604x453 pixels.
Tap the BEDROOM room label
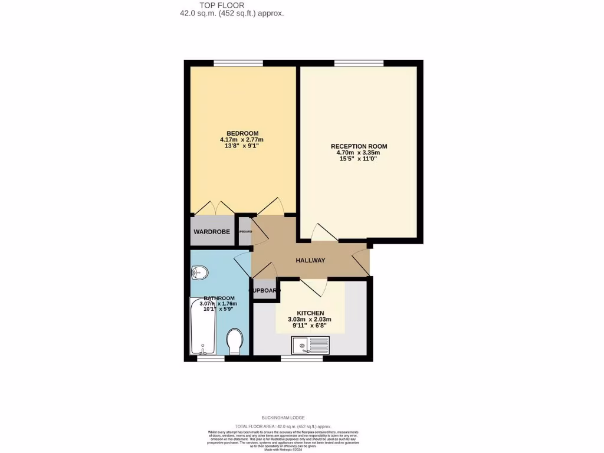pos(242,133)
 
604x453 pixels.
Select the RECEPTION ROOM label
pos(359,146)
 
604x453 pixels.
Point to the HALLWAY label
pos(310,260)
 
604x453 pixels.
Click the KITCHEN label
pos(310,313)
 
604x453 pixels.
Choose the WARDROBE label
pos(212,232)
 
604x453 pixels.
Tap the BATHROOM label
pos(219,298)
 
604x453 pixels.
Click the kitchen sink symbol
pos(310,344)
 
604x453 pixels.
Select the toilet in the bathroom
pos(235,342)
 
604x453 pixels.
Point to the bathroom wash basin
pos(199,273)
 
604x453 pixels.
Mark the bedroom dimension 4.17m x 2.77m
pos(242,140)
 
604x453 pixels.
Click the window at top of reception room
pos(359,63)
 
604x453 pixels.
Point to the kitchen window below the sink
pos(297,358)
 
